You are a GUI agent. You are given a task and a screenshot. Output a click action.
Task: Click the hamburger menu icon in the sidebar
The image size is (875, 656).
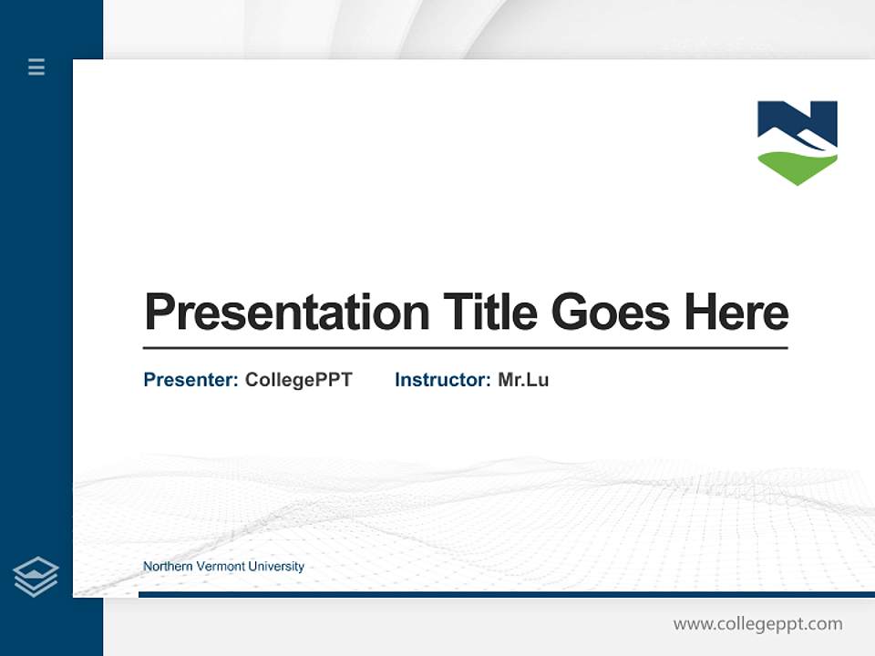coord(36,67)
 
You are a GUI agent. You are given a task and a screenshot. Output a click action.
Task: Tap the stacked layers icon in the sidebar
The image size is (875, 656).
coord(36,577)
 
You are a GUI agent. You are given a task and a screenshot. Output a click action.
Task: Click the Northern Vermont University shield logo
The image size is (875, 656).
coord(798,142)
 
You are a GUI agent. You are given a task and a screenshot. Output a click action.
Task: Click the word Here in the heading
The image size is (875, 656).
coord(736,313)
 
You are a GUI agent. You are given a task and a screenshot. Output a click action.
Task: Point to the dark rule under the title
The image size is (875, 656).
coord(465,348)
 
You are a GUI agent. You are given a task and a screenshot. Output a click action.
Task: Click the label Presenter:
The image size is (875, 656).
coord(190,380)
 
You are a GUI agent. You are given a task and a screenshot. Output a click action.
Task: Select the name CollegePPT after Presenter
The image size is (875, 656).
coord(298,380)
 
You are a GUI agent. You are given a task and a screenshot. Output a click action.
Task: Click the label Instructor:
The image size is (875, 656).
coord(442,380)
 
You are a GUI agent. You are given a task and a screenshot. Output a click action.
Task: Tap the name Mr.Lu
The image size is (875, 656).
coord(523,380)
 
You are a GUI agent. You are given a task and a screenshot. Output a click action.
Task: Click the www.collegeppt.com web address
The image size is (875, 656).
coord(757,624)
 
